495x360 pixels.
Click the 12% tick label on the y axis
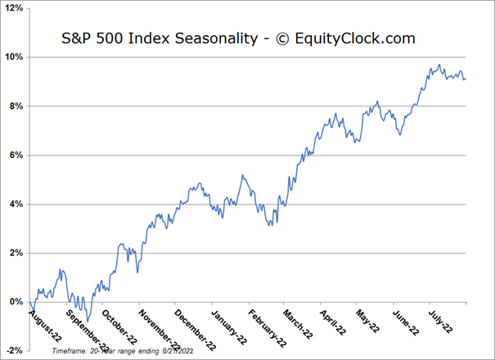[x=14, y=8]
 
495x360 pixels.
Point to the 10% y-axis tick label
[x=14, y=57]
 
